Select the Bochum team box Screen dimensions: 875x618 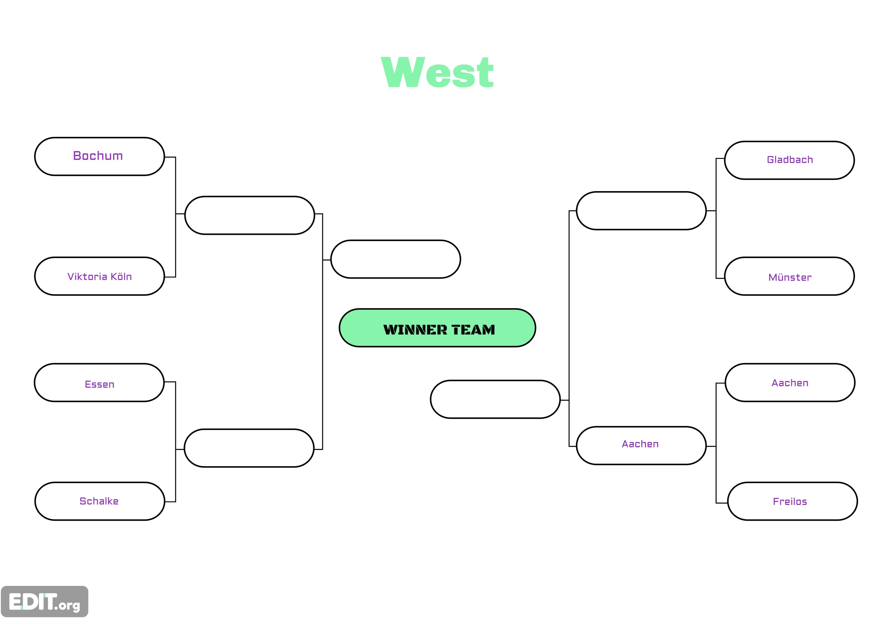pos(100,156)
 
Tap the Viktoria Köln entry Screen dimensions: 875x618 pos(100,276)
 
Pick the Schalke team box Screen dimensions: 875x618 pos(100,501)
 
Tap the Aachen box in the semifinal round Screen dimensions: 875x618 pos(641,446)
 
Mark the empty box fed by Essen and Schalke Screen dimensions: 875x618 pos(249,448)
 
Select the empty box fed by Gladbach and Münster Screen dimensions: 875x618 pos(641,211)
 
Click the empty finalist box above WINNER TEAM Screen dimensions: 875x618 pos(396,259)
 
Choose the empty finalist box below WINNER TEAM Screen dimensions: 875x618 pos(495,399)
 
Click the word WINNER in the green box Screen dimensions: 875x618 pos(415,329)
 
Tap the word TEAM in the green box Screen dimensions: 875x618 pos(473,329)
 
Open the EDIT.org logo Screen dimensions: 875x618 pos(45,601)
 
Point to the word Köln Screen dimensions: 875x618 pos(121,276)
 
